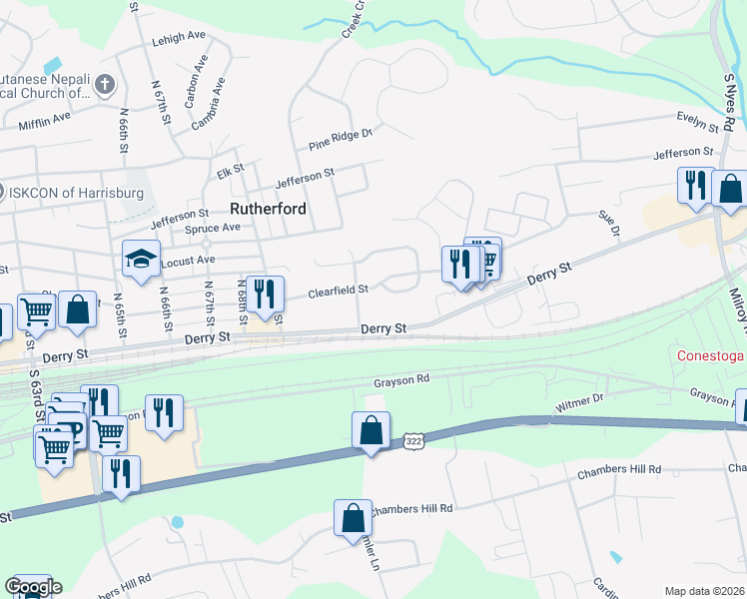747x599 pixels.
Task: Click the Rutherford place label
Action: pyautogui.click(x=267, y=210)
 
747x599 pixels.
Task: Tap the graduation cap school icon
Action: pyautogui.click(x=141, y=259)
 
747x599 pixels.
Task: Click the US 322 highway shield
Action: pyautogui.click(x=414, y=440)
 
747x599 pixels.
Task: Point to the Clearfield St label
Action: pyautogui.click(x=339, y=291)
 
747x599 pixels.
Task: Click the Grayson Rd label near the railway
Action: pyautogui.click(x=401, y=379)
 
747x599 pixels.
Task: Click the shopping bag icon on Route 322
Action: pyautogui.click(x=371, y=431)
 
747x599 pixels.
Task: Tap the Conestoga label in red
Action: pyautogui.click(x=712, y=355)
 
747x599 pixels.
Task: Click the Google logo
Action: pyautogui.click(x=33, y=587)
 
